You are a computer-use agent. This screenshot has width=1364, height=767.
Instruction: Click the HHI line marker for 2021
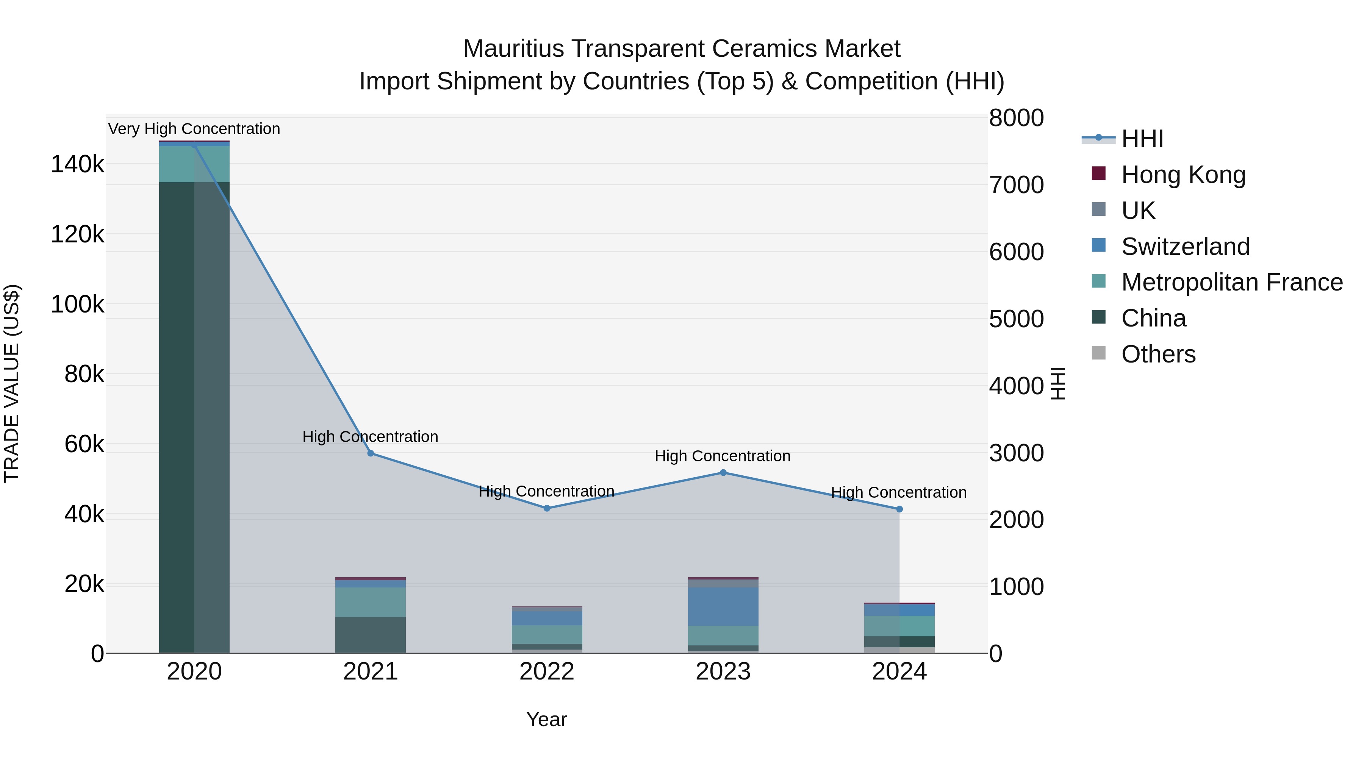pyautogui.click(x=371, y=453)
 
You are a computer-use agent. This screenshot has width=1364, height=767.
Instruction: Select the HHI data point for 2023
pyautogui.click(x=723, y=473)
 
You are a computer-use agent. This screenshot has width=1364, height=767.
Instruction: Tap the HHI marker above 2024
pyautogui.click(x=899, y=509)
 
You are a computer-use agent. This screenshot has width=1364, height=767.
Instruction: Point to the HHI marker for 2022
pyautogui.click(x=547, y=508)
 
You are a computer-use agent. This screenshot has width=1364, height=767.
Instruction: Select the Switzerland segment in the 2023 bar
pyautogui.click(x=723, y=606)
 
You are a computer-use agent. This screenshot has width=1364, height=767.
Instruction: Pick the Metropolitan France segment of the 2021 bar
pyautogui.click(x=371, y=602)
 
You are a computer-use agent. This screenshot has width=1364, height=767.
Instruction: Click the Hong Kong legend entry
pyautogui.click(x=1183, y=175)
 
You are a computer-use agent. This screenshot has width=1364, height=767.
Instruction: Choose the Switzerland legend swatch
pyautogui.click(x=1099, y=245)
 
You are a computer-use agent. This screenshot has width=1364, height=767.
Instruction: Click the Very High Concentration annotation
pyautogui.click(x=194, y=129)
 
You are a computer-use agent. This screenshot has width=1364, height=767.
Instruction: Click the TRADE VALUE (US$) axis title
pyautogui.click(x=12, y=383)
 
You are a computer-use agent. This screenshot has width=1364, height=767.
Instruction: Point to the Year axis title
pyautogui.click(x=546, y=719)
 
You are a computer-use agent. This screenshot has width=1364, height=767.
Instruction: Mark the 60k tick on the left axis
pyautogui.click(x=84, y=444)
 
